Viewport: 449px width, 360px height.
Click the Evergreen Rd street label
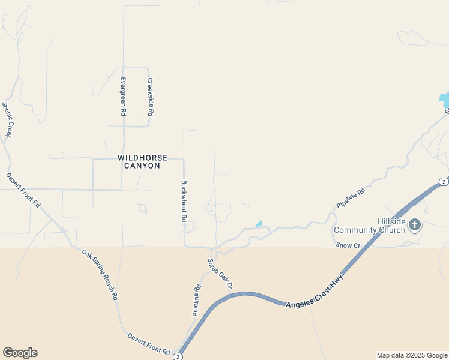123,96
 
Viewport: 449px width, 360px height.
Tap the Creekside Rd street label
151,97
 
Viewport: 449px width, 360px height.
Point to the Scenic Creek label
7,119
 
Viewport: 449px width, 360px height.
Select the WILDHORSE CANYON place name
139,161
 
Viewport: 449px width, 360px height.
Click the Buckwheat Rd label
184,202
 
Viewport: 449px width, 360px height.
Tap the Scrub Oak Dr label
220,273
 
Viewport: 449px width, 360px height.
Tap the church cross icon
415,226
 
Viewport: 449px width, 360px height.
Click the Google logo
20,353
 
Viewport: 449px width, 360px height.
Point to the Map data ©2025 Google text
412,355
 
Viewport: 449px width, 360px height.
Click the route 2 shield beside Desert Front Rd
178,356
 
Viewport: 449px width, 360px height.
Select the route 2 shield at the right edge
443,182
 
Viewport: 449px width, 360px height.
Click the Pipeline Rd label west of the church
351,199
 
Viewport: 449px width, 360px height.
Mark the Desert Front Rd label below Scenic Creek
23,190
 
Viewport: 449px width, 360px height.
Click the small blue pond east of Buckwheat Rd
259,224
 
